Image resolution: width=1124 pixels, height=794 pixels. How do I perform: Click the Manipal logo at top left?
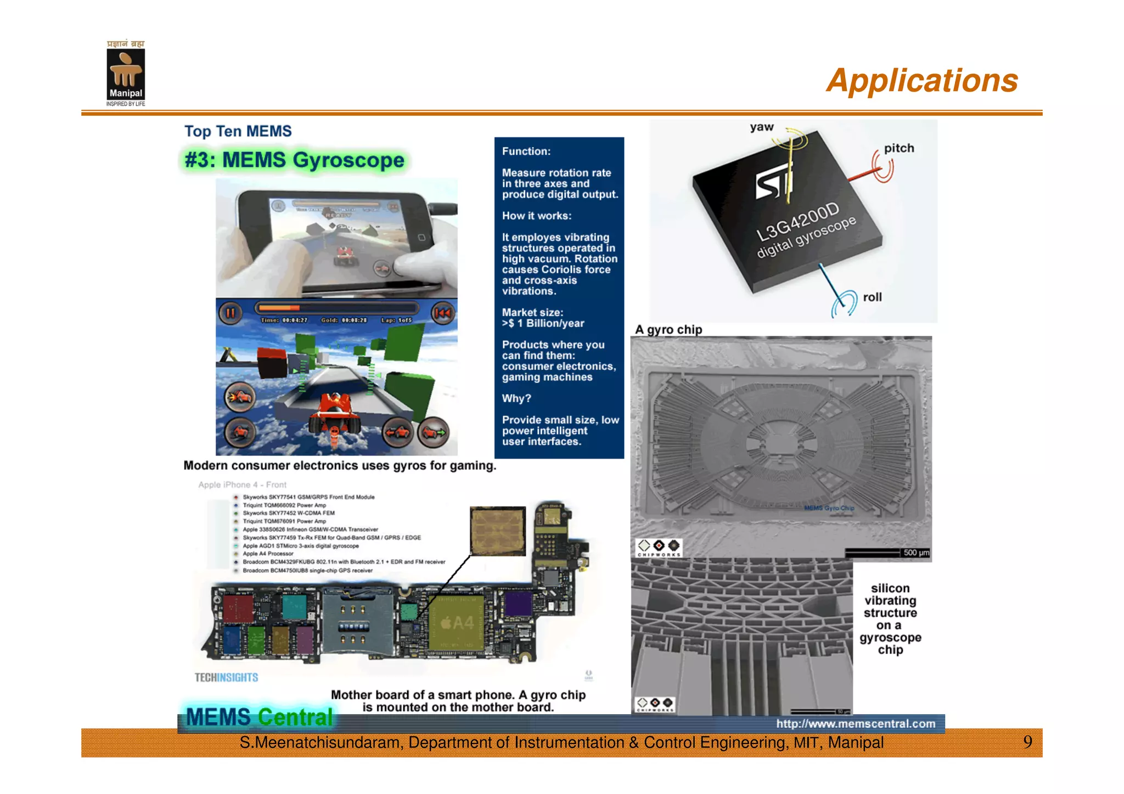[126, 74]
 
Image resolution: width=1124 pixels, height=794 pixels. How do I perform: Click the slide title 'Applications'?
[921, 81]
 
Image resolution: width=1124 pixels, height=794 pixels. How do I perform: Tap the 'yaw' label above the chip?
[762, 127]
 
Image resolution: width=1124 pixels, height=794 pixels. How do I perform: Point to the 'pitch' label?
[898, 148]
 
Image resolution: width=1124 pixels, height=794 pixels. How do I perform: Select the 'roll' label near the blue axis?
[872, 297]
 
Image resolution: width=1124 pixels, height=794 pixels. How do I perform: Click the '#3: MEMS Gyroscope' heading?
[295, 160]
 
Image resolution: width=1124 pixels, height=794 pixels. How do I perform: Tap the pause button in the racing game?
[231, 313]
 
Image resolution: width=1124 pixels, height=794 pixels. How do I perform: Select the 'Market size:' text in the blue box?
[532, 313]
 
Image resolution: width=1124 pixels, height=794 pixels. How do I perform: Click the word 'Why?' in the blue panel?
[516, 398]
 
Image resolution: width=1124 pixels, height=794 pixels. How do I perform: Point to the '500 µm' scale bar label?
[916, 553]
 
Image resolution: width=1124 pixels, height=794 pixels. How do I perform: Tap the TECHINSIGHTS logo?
[226, 678]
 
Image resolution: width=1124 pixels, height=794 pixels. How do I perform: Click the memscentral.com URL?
[856, 724]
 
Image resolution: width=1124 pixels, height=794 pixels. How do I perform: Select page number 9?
[1027, 742]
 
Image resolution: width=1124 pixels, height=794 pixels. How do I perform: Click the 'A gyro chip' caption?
[668, 330]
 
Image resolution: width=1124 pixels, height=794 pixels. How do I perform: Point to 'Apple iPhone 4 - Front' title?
[242, 485]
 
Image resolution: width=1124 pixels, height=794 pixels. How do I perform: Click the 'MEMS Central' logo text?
[259, 717]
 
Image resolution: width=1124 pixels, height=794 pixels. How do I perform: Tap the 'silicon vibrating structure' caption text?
[890, 618]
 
